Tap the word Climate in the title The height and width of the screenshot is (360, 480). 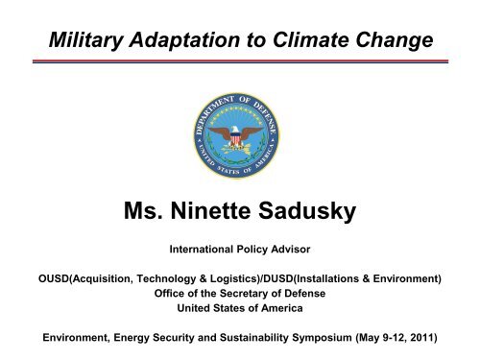click(x=320, y=39)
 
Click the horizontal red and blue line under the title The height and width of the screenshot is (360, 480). click(x=240, y=61)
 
